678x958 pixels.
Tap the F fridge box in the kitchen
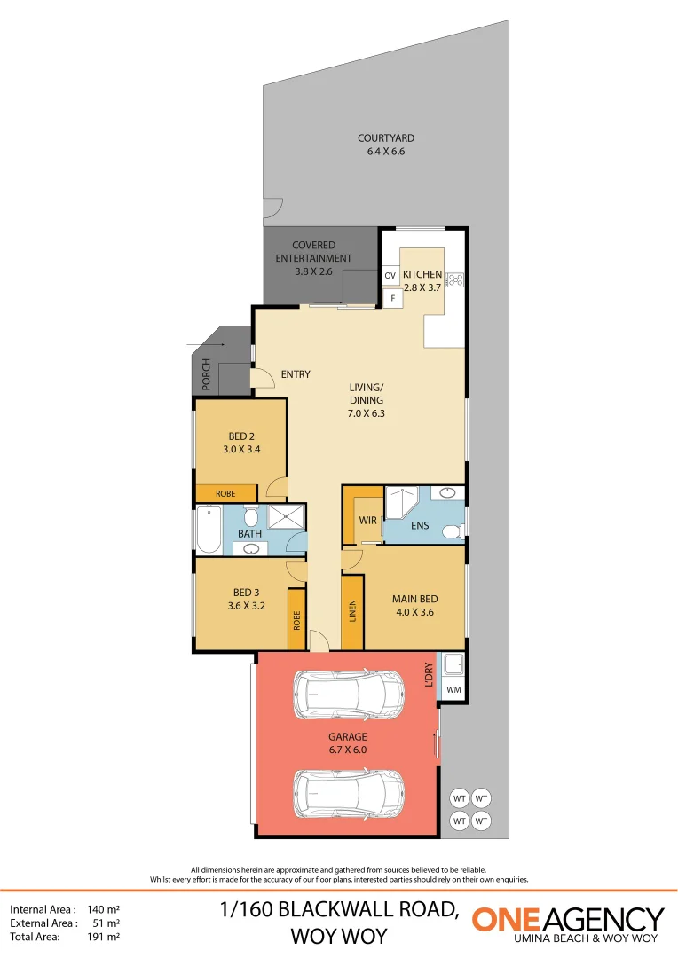391,299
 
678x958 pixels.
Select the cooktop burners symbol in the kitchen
455,279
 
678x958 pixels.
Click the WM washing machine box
453,689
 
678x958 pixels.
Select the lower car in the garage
348,793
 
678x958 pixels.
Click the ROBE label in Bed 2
225,493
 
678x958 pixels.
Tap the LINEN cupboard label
352,612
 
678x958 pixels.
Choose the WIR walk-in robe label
368,520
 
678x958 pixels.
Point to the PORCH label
206,374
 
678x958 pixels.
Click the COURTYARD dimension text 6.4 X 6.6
385,152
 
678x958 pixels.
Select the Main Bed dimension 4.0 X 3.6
414,612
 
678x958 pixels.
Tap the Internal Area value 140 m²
103,909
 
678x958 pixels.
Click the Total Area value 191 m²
103,936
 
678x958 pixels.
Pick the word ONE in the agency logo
508,919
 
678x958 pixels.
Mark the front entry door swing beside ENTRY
262,379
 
